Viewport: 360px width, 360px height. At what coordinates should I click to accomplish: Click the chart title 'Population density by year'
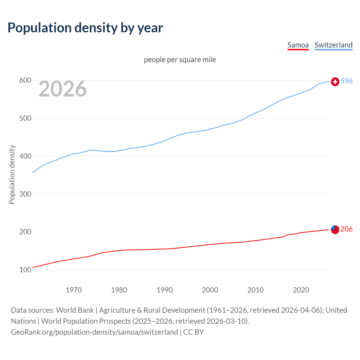pos(85,28)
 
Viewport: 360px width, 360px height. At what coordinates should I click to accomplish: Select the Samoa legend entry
pos(298,45)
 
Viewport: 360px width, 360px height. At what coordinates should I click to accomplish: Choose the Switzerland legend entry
pos(333,45)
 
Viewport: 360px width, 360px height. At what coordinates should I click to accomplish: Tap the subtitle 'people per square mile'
pos(180,60)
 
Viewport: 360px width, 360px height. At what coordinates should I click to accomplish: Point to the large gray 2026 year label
pos(62,89)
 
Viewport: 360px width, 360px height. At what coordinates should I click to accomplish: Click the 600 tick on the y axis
pos(25,80)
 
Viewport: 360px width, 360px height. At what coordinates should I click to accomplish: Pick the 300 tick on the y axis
pos(25,194)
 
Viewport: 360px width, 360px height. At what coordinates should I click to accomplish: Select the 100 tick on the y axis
pos(25,270)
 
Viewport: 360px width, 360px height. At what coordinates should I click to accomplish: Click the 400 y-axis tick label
pos(25,156)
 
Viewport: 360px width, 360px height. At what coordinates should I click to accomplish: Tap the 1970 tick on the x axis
pos(74,290)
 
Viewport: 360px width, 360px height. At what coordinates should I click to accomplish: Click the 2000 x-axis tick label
pos(210,290)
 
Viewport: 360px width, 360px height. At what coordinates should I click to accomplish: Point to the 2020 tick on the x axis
pos(301,290)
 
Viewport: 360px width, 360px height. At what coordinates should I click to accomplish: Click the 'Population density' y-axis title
pos(12,174)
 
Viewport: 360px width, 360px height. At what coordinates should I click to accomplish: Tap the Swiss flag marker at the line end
pos(335,82)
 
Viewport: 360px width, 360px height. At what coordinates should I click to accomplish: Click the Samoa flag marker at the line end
pos(335,229)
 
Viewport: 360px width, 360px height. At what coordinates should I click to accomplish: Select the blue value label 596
pos(346,81)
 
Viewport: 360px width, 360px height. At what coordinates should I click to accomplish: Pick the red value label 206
pos(346,229)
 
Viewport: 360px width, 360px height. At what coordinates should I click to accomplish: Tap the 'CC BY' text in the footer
pos(193,332)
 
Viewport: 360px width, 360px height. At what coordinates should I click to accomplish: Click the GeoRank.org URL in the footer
pos(94,332)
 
